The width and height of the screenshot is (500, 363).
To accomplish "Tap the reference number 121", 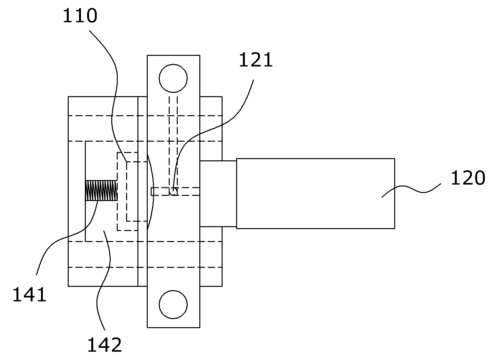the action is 255,60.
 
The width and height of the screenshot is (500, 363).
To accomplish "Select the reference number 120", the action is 468,178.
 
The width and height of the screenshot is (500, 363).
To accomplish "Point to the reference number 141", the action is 29,295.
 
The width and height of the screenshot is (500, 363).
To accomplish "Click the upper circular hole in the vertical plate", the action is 173,78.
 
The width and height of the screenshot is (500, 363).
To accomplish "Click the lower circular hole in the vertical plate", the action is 173,305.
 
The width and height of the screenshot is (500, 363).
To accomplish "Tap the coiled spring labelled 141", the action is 101,190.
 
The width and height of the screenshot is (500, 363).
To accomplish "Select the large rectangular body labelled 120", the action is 315,194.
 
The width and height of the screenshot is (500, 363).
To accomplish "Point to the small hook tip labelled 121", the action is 174,192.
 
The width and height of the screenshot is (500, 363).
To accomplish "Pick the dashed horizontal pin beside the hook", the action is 175,192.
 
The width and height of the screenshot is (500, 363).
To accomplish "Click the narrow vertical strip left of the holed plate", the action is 143,191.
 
